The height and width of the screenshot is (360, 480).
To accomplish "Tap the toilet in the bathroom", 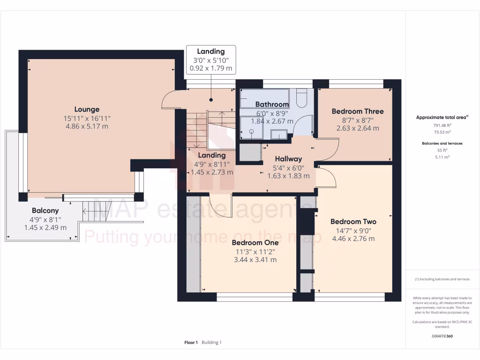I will click(302, 97).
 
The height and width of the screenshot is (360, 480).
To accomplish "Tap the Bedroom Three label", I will click(357, 111).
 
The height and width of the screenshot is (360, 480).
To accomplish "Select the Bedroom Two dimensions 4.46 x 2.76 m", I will click(353, 239).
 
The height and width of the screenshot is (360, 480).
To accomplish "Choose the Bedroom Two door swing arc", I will click(328, 178).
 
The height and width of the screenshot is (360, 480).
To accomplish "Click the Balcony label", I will click(45, 211).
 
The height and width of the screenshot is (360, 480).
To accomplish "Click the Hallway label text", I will click(288, 159).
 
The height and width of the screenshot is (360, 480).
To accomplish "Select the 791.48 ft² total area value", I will click(435, 126).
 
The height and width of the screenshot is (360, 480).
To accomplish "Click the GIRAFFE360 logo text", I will click(442, 336).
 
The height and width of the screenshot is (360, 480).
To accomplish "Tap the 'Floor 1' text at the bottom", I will click(191, 343).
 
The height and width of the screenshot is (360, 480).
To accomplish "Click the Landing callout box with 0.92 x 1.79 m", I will click(210, 60).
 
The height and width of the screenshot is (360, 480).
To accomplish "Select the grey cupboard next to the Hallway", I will click(249, 153).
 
